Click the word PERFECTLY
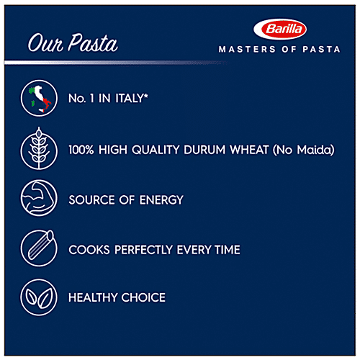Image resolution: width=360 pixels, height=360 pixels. (x=147, y=250)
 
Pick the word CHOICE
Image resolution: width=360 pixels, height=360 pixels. (x=143, y=297)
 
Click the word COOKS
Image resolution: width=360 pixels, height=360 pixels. (x=86, y=250)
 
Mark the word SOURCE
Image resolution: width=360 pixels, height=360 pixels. (x=91, y=200)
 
